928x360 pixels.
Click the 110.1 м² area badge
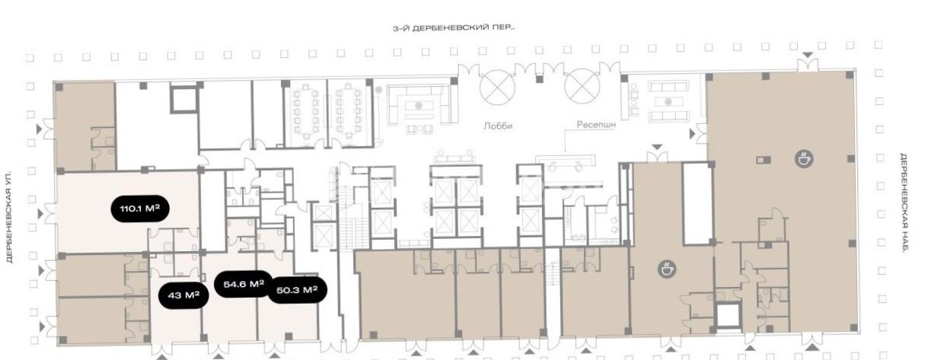(x=140, y=209)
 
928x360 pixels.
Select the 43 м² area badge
(x=183, y=295)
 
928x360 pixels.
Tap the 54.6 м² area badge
(x=244, y=284)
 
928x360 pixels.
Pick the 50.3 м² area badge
(x=297, y=290)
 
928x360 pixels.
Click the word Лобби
(x=498, y=126)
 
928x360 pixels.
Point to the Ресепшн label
(x=596, y=125)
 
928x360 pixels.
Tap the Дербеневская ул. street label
(x=10, y=217)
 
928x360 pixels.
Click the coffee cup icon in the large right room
(x=804, y=159)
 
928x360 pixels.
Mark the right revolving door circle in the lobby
(x=582, y=87)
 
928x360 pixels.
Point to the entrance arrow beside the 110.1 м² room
(x=40, y=214)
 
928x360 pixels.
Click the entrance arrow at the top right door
(x=808, y=55)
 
